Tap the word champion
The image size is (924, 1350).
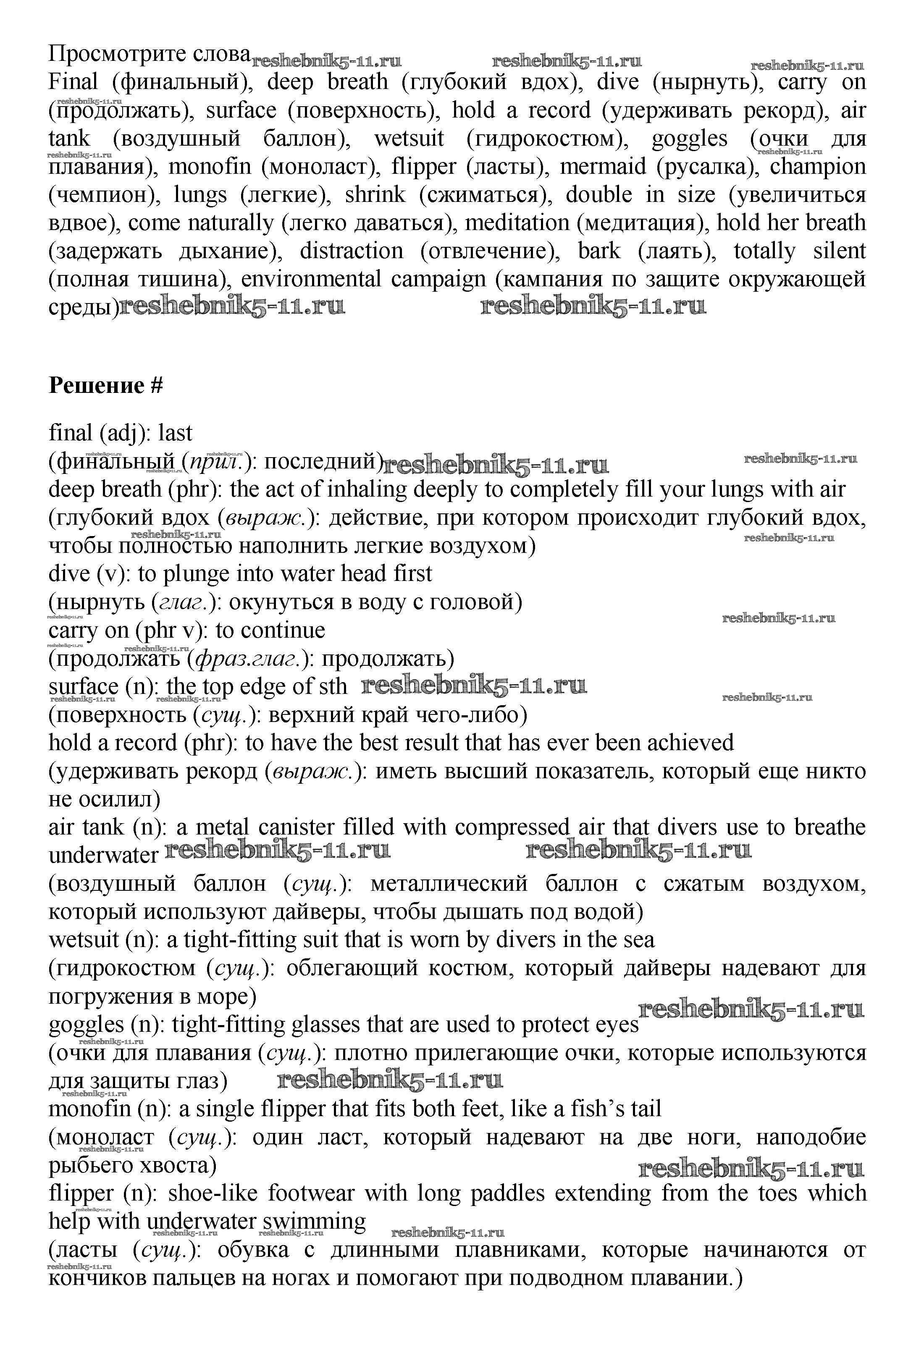(x=818, y=167)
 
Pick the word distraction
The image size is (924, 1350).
(x=351, y=251)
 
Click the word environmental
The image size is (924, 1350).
(x=311, y=280)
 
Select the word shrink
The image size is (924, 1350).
(x=375, y=195)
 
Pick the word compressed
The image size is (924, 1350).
(x=512, y=827)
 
